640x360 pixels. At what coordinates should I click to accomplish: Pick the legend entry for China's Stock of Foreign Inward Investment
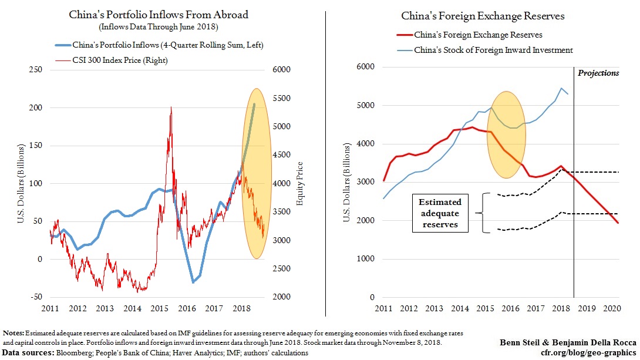(x=493, y=50)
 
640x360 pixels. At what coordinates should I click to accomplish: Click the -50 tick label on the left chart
(x=36, y=297)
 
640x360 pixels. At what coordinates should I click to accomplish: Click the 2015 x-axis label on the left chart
(x=158, y=308)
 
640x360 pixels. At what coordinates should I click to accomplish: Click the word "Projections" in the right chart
(x=598, y=73)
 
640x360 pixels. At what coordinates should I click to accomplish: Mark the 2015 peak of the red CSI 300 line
(x=171, y=107)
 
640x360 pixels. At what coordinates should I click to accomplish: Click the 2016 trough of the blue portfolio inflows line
(x=193, y=282)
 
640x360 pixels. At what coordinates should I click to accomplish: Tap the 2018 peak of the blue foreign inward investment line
(x=561, y=89)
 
